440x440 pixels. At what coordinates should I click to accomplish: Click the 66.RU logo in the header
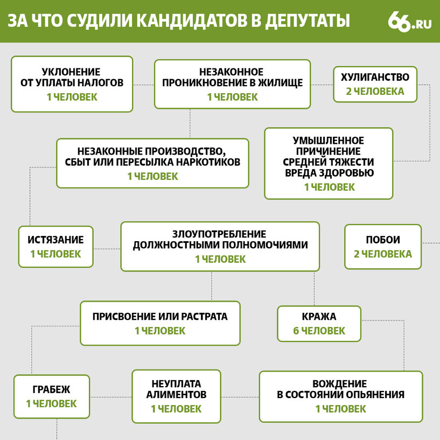pyautogui.click(x=409, y=21)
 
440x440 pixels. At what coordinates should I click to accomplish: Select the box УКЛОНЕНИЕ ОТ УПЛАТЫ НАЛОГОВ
pyautogui.click(x=72, y=84)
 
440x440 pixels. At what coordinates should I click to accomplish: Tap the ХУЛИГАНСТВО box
pyautogui.click(x=375, y=83)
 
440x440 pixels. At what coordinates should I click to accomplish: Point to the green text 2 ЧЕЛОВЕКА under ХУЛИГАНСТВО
pyautogui.click(x=375, y=92)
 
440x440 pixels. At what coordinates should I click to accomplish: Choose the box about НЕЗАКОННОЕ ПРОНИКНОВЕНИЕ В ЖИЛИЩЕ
pyautogui.click(x=232, y=84)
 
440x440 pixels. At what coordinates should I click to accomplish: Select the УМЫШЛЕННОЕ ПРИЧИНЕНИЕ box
pyautogui.click(x=329, y=163)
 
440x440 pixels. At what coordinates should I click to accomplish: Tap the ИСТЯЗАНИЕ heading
pyautogui.click(x=55, y=240)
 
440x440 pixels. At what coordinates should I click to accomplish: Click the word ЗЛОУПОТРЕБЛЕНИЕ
pyautogui.click(x=219, y=234)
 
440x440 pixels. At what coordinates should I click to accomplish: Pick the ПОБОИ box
pyautogui.click(x=383, y=247)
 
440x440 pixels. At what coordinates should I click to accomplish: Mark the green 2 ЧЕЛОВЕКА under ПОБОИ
pyautogui.click(x=383, y=254)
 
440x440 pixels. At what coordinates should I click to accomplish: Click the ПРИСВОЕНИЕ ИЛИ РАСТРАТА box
pyautogui.click(x=160, y=323)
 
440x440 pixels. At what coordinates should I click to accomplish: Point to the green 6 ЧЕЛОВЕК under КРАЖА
pyautogui.click(x=319, y=331)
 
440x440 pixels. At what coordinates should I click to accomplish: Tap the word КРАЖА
pyautogui.click(x=319, y=317)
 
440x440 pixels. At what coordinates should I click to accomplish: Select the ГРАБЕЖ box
pyautogui.click(x=51, y=396)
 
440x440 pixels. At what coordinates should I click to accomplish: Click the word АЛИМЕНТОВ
pyautogui.click(x=176, y=395)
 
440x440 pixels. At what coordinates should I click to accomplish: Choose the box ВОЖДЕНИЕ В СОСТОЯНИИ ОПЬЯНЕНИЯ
pyautogui.click(x=340, y=396)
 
